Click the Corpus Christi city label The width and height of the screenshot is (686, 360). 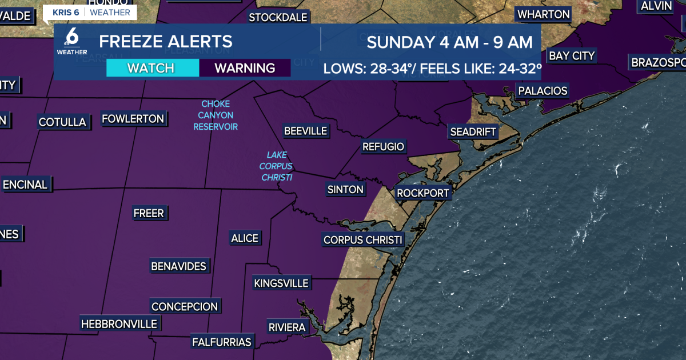(363, 240)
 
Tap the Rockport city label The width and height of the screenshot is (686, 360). (423, 193)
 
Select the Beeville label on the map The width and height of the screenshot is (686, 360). (305, 131)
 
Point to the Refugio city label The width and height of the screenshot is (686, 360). (383, 147)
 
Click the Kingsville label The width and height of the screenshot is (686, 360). (281, 283)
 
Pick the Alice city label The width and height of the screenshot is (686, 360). (244, 238)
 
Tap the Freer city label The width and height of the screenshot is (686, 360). (149, 213)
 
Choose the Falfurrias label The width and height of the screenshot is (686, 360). (221, 342)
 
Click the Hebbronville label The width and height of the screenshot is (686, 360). (119, 324)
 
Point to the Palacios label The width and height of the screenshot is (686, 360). (542, 90)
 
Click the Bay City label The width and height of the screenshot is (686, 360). (572, 55)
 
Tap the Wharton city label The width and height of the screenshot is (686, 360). (543, 14)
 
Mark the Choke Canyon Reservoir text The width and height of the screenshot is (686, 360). (216, 115)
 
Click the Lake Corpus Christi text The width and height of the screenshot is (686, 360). (277, 166)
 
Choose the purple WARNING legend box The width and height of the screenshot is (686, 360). (245, 68)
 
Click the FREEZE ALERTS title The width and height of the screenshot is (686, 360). (166, 42)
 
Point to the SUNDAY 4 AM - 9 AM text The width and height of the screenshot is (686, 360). (449, 42)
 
